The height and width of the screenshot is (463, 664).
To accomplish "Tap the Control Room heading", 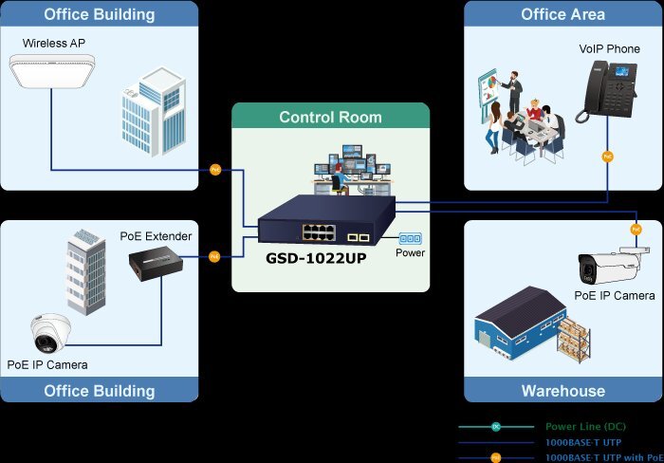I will point(330,118).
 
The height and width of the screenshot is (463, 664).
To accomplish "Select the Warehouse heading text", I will point(563,391).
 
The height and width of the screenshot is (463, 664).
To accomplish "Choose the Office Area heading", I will point(563,14).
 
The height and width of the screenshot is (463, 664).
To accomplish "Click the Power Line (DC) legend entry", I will point(585,427).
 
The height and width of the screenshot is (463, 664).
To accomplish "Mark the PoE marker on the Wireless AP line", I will point(215,170).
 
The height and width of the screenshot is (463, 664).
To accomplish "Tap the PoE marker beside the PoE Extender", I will point(214,255).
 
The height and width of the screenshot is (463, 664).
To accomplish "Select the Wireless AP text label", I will point(55,44).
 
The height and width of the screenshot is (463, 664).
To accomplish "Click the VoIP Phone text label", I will point(610,47).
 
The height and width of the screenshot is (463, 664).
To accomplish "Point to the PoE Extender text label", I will point(156,235).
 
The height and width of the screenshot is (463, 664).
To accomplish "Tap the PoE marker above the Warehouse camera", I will point(636,228).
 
